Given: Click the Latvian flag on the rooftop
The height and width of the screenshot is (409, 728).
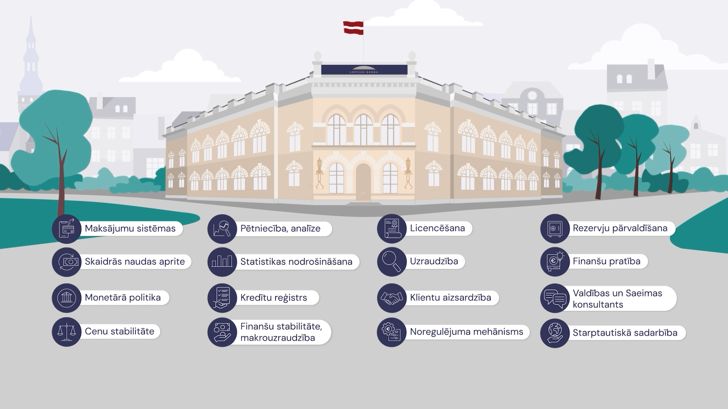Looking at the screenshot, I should pos(353,28).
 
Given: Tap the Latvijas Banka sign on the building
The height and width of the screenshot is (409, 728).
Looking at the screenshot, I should pos(364,70).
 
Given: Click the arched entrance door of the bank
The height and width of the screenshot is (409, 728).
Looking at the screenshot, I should pos(363,182).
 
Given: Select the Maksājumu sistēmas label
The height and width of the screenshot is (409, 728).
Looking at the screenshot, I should pos(130,228).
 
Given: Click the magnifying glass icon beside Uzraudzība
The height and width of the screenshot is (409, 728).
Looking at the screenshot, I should pos(391,261).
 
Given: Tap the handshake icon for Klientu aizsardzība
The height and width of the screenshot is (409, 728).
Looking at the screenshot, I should pos(391,298).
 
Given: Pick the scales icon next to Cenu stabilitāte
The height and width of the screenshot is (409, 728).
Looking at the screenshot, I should pos(67,332).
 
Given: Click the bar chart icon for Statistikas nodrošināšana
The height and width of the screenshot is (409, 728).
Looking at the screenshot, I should pos(222,262).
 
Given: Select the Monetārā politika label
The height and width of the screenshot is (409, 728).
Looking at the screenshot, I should pos(123,298).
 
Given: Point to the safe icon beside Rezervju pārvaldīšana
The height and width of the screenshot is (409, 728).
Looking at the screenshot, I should pos(555,228).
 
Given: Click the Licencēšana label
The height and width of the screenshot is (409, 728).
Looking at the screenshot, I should pos(437,228).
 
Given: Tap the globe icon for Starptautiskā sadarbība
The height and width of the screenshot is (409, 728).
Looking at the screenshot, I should pos(555,333).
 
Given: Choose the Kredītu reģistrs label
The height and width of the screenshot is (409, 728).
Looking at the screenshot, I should pos(273,298).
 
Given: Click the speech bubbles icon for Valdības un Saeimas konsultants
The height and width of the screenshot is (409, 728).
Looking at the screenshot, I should pos(555,298).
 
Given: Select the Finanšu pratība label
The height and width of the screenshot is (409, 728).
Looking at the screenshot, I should pos(606,261).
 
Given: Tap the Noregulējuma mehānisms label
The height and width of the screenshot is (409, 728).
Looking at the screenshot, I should pos(466,332).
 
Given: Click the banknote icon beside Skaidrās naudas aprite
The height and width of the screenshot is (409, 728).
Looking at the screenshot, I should pos(67,262).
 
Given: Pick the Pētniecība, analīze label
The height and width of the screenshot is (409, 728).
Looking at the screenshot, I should pos(280,228).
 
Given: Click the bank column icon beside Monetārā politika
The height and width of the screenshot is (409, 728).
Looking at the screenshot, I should pos(67,298).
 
